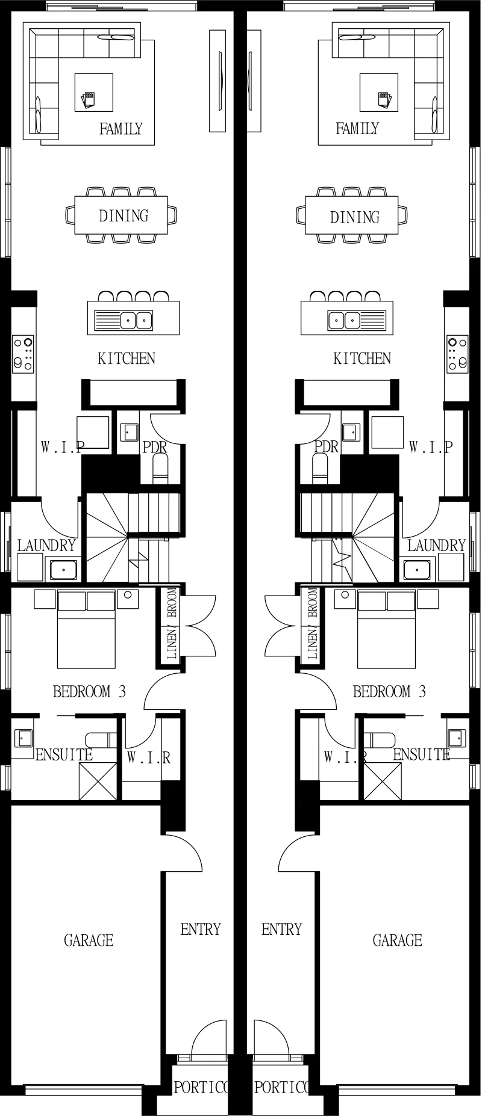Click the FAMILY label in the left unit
pos(120,128)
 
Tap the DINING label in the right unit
pos(355,217)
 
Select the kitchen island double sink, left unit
pos(136,320)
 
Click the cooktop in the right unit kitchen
pos(457,354)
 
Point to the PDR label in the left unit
pos(155,448)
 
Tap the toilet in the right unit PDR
pos(321,467)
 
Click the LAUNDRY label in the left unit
pos(46,546)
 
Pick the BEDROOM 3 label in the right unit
pos(389,691)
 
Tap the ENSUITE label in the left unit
pos(64,754)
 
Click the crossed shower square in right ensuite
pos(383,781)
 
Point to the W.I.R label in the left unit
pos(148,757)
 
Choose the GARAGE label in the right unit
pos(398,940)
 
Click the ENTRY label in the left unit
pos(201,929)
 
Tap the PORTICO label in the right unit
pos(282,1087)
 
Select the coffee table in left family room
pos(94,92)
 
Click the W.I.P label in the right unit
pos(430,447)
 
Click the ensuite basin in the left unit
pos(23,737)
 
